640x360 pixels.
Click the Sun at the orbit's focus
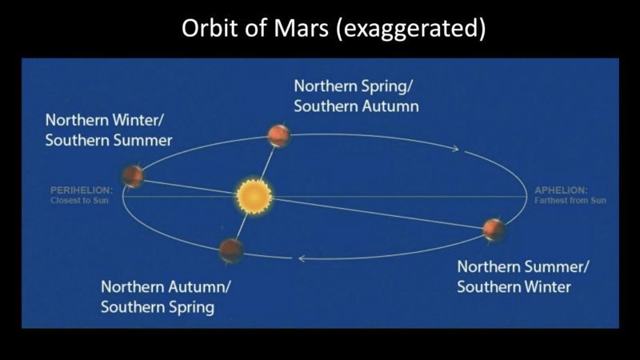click(x=254, y=195)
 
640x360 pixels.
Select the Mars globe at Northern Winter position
click(x=133, y=176)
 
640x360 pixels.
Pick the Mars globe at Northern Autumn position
click(x=231, y=250)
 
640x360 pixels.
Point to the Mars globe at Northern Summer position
click(x=494, y=229)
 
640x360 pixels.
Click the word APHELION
click(x=561, y=190)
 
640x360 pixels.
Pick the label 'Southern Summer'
click(x=109, y=141)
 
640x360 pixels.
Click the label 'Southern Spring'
click(x=158, y=306)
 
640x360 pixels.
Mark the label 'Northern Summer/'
click(x=523, y=266)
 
